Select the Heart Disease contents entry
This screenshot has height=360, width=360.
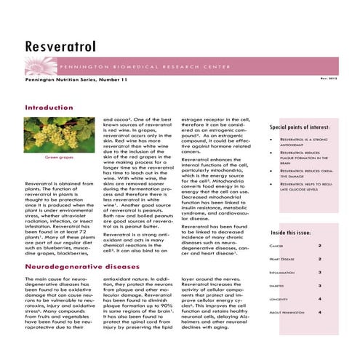pos(281,259)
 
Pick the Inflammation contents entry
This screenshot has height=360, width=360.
pos(281,272)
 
